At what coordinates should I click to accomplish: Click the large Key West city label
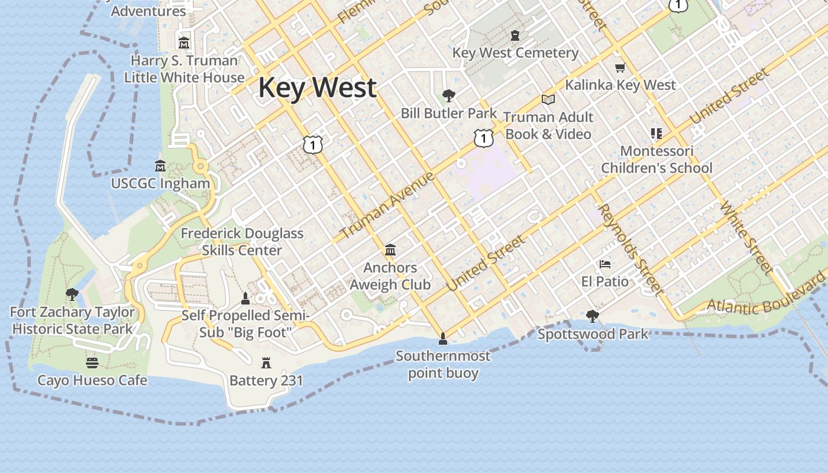click(317, 88)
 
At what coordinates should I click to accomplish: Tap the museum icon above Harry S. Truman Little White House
click(184, 43)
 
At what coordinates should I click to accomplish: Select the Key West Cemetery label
click(515, 53)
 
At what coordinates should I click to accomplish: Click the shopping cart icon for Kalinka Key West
click(620, 67)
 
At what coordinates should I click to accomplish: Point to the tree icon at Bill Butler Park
click(449, 95)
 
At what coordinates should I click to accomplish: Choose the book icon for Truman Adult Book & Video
click(548, 99)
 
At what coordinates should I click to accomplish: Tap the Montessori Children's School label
click(656, 160)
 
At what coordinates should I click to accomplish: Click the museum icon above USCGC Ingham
click(160, 166)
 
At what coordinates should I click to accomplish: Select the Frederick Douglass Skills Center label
click(242, 242)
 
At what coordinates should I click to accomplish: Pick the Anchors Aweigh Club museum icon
click(390, 250)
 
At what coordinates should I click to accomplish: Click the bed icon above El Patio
click(604, 264)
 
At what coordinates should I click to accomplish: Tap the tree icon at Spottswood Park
click(592, 316)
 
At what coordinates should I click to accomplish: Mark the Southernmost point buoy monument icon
click(442, 339)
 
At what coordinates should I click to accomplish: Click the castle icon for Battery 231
click(266, 362)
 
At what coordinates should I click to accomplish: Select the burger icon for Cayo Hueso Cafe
click(92, 362)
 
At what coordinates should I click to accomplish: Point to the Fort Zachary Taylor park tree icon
click(72, 294)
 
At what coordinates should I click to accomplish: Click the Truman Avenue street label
click(387, 205)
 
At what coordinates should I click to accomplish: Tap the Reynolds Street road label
click(629, 248)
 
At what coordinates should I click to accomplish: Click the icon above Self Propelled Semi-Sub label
click(245, 298)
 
